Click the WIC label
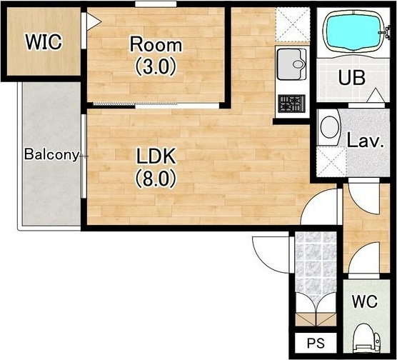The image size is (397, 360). (x=44, y=42)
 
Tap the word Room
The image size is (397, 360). (x=156, y=44)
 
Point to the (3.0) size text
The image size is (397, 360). (x=156, y=66)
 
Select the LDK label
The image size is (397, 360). (x=156, y=156)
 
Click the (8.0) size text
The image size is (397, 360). (x=156, y=178)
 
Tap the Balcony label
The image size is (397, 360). (x=52, y=154)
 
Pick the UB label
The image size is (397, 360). (x=352, y=78)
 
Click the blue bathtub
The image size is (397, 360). (x=353, y=31)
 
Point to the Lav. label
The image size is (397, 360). (x=366, y=141)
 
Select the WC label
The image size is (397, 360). (x=365, y=301)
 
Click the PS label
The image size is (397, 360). (x=316, y=343)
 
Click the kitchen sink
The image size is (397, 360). (x=291, y=64)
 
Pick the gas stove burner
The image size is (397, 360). (x=291, y=104)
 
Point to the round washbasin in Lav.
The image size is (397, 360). (x=329, y=126)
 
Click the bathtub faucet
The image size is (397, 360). (x=386, y=32)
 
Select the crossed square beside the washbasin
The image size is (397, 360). (x=331, y=161)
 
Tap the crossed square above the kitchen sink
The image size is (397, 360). (x=293, y=24)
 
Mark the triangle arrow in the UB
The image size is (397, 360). (x=376, y=95)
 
